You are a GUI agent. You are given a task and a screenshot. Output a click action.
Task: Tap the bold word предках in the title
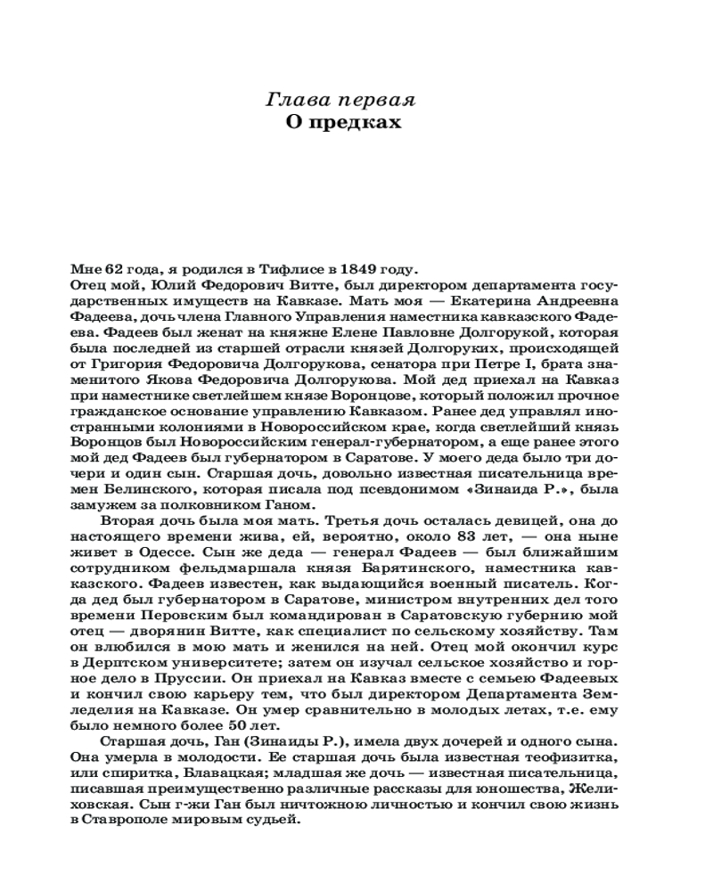(366, 122)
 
